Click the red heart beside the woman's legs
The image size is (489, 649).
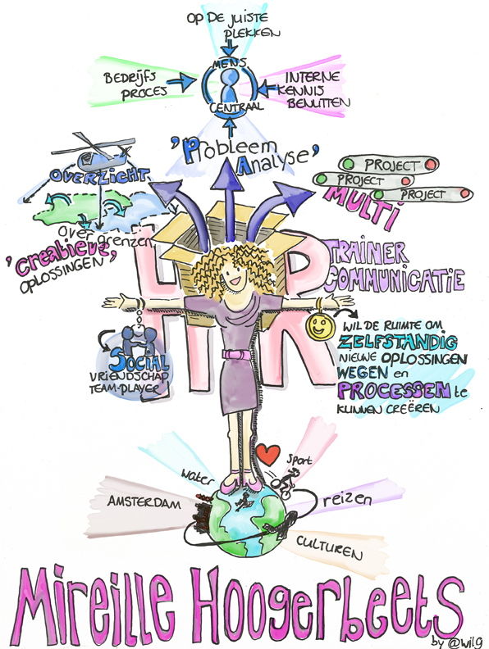(267, 454)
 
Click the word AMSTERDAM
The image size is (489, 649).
(144, 502)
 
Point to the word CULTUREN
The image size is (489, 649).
(330, 547)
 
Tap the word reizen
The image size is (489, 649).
(347, 500)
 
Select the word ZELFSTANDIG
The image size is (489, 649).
(398, 342)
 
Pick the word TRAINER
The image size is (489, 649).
(367, 252)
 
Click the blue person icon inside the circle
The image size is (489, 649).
(229, 85)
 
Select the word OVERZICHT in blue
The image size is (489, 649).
(99, 175)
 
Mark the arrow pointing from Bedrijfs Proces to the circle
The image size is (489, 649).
(183, 81)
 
